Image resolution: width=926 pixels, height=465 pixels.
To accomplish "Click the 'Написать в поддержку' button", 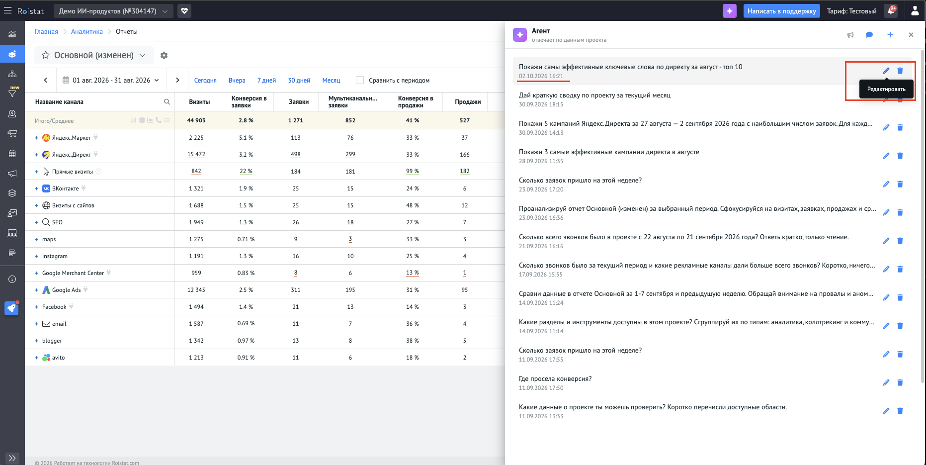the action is coord(781,11).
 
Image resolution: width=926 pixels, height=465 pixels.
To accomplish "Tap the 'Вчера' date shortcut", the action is coord(237,81).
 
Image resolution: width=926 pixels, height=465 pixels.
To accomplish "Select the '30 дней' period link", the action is coord(299,81).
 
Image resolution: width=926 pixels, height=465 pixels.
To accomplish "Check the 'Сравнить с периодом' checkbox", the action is coord(360,80).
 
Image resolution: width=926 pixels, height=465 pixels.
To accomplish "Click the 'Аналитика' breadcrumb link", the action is coord(87,32).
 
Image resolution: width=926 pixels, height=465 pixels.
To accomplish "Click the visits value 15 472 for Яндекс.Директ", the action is coord(196,155).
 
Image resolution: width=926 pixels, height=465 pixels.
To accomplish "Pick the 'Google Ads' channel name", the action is coord(67,290).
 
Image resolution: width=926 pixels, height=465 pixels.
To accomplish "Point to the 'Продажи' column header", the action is coord(468,102).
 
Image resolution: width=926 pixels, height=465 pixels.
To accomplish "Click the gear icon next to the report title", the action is coord(164,56).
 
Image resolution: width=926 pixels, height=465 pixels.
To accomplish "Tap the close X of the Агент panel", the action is coord(911,35).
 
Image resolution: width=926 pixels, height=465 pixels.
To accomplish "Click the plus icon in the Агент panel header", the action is coord(890,35).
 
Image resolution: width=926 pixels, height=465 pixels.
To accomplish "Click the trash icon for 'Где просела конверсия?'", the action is coord(900,382).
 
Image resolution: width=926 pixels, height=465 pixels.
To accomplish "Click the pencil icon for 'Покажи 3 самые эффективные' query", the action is coord(886,156).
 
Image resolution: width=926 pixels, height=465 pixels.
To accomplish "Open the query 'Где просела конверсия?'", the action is coord(555,379).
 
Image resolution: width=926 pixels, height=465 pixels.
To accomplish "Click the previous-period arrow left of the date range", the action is coord(46,80).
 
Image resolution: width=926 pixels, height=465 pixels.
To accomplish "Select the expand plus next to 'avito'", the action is coord(36,358).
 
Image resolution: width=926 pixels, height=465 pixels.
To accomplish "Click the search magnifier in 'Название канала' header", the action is coord(167,102).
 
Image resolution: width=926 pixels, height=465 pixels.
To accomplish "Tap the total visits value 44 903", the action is coord(196,120).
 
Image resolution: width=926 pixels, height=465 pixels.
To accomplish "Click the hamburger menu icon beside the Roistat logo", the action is coord(7,10).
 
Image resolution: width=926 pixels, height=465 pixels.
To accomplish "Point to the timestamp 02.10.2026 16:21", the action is coord(541,76).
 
